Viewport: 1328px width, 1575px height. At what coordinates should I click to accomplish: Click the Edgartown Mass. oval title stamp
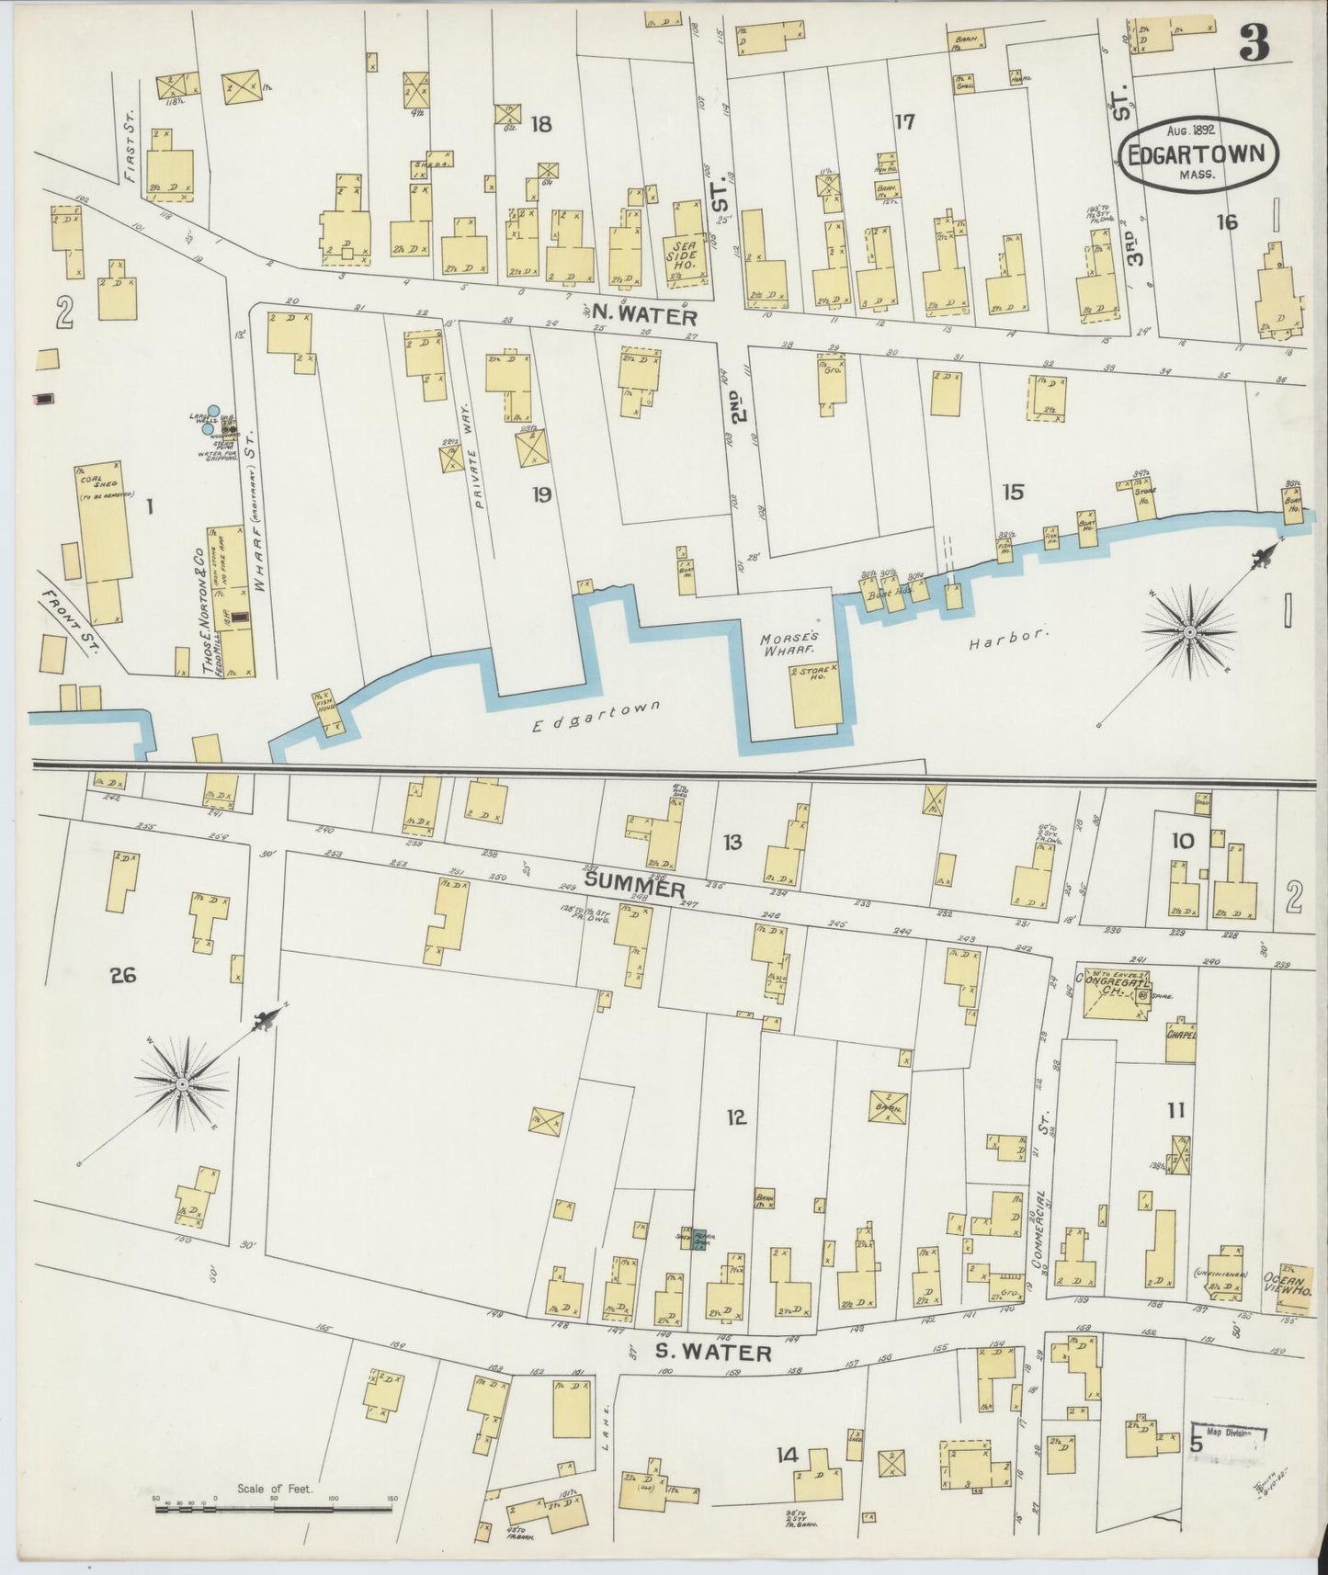(x=1198, y=154)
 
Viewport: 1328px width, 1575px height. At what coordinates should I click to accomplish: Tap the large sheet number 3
(x=1253, y=41)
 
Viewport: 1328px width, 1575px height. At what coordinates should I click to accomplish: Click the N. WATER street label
(x=643, y=316)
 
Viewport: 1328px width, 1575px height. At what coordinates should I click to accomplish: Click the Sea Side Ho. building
(x=685, y=248)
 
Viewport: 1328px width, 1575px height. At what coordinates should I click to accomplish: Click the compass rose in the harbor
(x=1188, y=633)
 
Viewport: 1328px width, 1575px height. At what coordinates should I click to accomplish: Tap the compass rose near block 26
(x=182, y=1085)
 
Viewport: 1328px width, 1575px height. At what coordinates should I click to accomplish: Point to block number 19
(x=541, y=495)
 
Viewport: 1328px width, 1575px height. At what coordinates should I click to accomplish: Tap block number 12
(x=735, y=1117)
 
